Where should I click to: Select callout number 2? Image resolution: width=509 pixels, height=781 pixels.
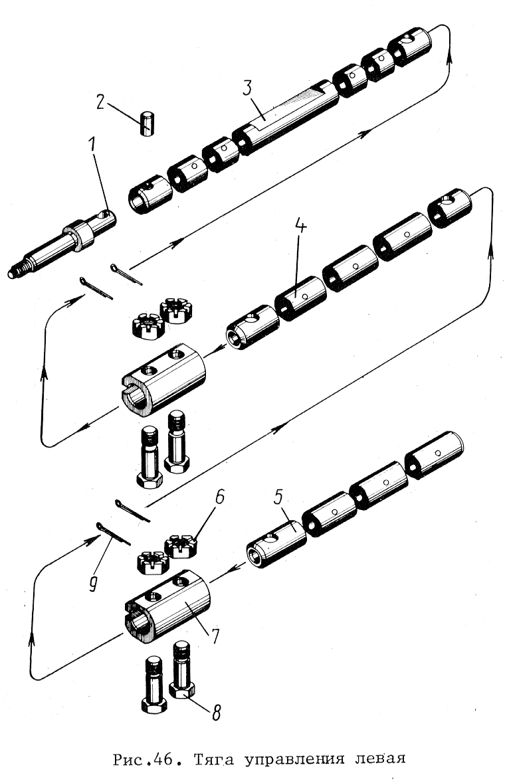tap(101, 102)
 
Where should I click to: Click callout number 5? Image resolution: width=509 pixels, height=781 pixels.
tap(278, 497)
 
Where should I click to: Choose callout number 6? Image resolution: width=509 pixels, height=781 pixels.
tap(219, 497)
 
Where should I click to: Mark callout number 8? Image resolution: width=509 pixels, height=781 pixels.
tap(216, 712)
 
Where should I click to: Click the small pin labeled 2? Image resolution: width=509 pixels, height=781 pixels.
tap(146, 124)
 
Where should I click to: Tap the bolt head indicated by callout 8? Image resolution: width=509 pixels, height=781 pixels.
tap(182, 689)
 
